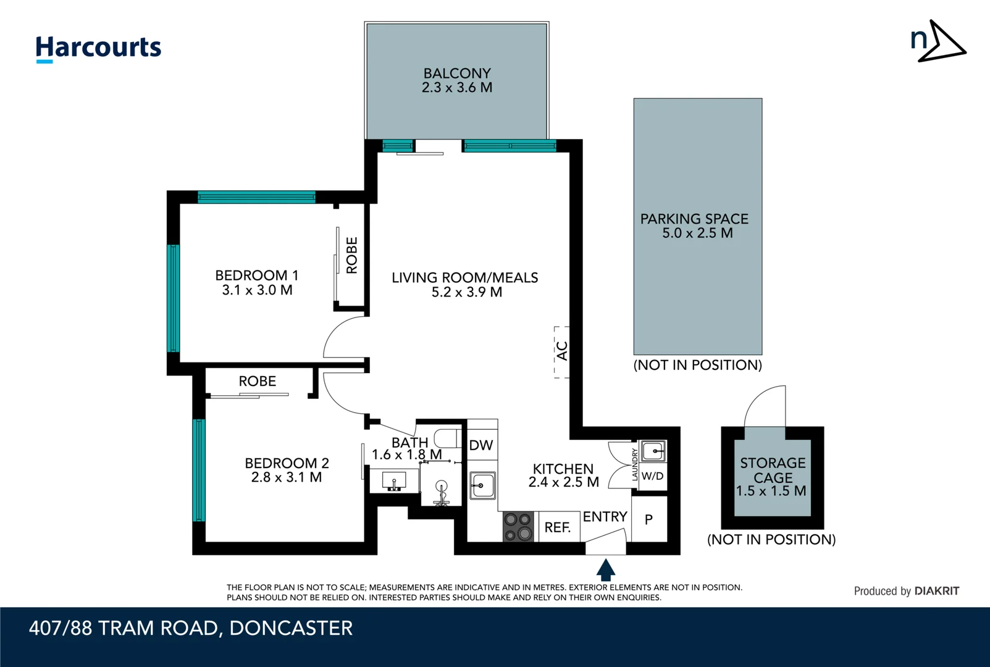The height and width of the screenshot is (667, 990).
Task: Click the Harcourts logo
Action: click(x=98, y=48)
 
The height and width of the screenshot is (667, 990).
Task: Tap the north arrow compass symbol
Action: click(x=938, y=41)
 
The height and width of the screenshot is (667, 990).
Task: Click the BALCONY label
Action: click(x=457, y=73)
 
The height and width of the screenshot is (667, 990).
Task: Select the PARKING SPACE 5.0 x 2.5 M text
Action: click(x=695, y=226)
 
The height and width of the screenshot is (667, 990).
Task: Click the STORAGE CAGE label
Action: click(x=773, y=471)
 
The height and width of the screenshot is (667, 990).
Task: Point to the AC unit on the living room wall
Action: click(x=561, y=351)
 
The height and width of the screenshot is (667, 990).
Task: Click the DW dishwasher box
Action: click(x=481, y=445)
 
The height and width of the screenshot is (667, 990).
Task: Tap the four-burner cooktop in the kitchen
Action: click(x=518, y=527)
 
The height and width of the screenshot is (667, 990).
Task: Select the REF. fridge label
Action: click(x=557, y=527)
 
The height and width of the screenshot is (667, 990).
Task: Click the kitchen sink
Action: click(x=482, y=485)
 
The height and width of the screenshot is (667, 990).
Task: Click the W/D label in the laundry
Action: click(x=652, y=476)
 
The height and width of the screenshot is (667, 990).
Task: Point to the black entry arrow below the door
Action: click(x=606, y=569)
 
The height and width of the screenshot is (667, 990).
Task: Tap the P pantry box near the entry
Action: click(x=648, y=520)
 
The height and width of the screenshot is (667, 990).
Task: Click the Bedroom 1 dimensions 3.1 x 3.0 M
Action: click(x=257, y=290)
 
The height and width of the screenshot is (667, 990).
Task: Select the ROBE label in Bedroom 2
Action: click(x=258, y=382)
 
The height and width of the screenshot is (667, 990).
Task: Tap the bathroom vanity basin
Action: click(x=393, y=480)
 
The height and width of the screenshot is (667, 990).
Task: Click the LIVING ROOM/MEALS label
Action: click(x=464, y=278)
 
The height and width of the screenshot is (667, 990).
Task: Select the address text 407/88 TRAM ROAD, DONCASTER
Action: click(x=191, y=628)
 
